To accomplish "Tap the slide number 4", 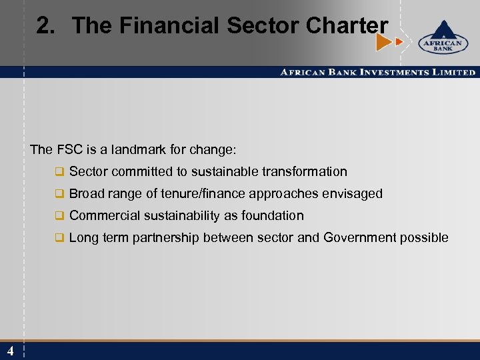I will pyautogui.click(x=11, y=351).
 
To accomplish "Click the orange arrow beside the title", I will pyautogui.click(x=384, y=43).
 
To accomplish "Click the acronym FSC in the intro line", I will pyautogui.click(x=66, y=149).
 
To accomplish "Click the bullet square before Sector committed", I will pyautogui.click(x=59, y=172).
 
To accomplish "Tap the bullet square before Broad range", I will pyautogui.click(x=59, y=194).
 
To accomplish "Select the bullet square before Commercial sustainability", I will pyautogui.click(x=59, y=216).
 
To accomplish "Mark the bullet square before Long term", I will pyautogui.click(x=59, y=238).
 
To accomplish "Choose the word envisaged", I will pyautogui.click(x=353, y=193).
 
